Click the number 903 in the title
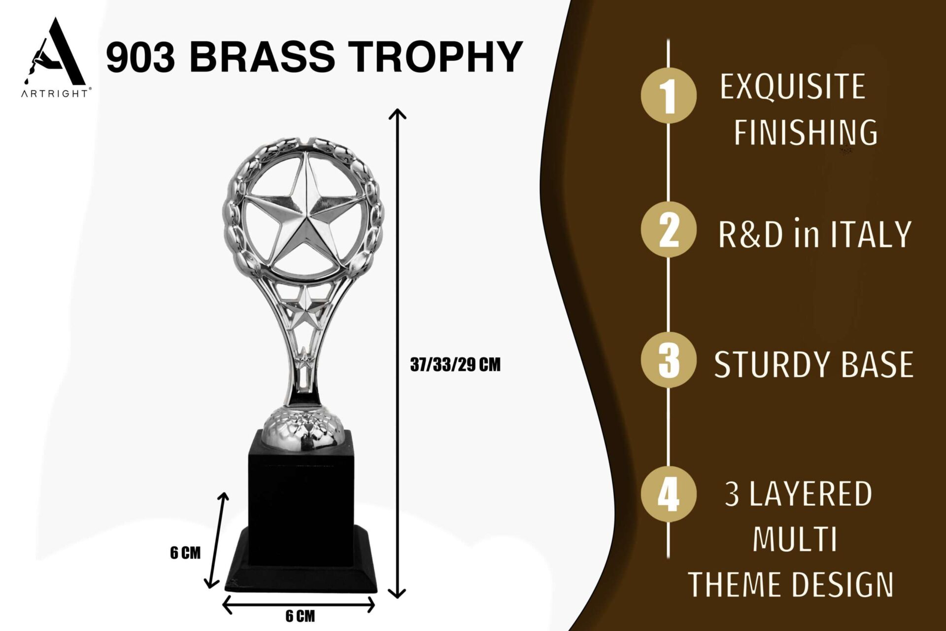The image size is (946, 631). pos(141,56)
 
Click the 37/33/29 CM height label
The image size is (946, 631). pos(455,365)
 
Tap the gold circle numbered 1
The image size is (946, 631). pos(669,95)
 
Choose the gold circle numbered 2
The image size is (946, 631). pos(669,230)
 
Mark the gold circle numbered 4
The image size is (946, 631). pos(669,494)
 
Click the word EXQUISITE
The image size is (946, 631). pos(792,87)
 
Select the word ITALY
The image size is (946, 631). pos(871,234)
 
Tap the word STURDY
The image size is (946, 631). pos(772,365)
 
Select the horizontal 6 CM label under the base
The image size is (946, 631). pos(300,616)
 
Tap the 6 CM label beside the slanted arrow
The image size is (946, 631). pos(185,553)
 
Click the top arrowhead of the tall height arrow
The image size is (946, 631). pos(397,114)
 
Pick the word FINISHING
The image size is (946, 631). pos(806,132)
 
